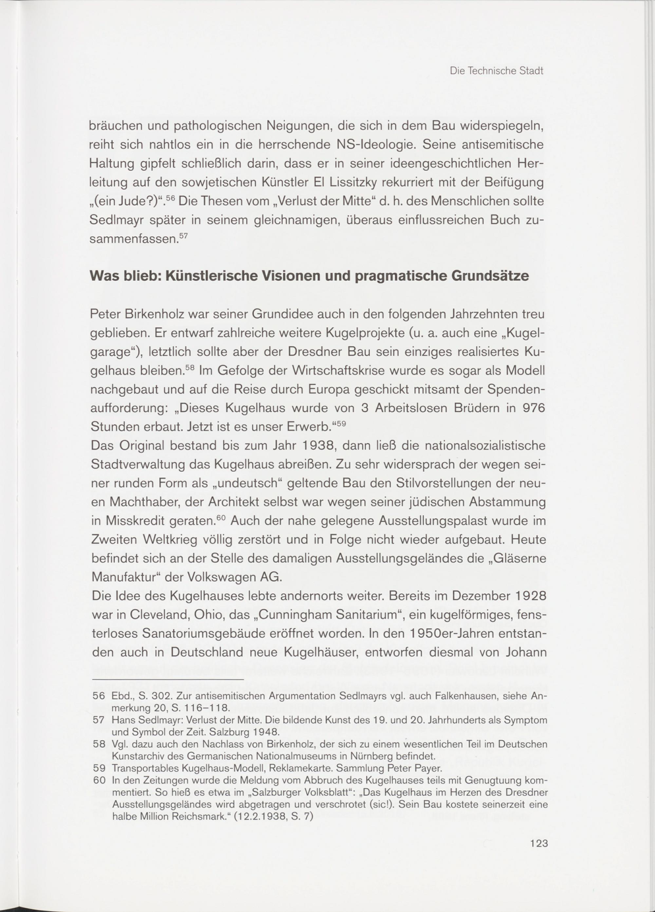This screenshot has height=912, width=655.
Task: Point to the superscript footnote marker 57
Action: [x=183, y=235]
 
